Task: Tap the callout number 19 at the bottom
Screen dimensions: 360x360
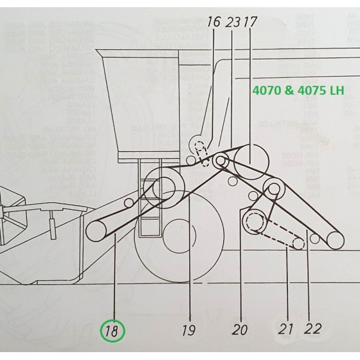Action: click(189, 331)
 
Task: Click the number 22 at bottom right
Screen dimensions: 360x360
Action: click(313, 329)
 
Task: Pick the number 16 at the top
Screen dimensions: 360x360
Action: click(213, 21)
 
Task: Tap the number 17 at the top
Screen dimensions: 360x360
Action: click(250, 21)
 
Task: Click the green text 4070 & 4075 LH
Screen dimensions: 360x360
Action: click(298, 90)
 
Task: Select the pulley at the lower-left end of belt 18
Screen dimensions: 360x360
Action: click(98, 229)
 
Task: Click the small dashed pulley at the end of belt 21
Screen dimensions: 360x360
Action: click(298, 244)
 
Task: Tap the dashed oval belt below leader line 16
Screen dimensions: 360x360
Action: click(203, 154)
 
